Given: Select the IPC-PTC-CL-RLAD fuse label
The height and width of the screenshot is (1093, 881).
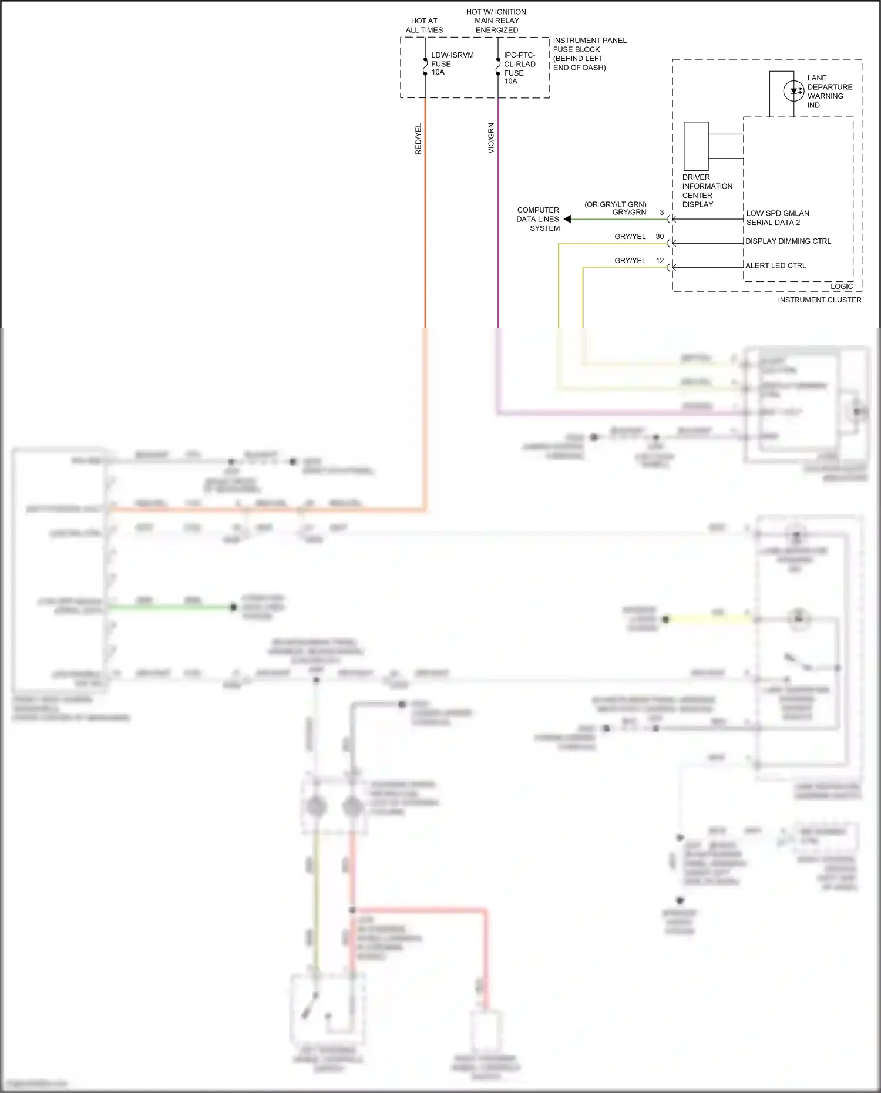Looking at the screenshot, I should (x=519, y=68).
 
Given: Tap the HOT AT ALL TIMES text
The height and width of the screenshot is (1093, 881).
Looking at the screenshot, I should (x=424, y=25).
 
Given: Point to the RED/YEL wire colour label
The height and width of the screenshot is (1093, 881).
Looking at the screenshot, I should (x=418, y=139).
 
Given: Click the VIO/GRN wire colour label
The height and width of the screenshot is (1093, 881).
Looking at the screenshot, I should (x=491, y=139).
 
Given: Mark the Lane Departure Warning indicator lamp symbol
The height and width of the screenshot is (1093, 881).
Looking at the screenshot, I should (x=793, y=91).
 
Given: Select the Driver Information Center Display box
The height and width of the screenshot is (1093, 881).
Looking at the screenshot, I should (x=696, y=146).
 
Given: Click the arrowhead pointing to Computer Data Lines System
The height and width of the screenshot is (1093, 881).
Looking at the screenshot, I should (x=567, y=219).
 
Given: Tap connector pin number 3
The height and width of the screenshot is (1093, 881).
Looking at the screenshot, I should (x=661, y=213).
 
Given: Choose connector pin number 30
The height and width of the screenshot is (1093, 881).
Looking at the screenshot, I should (x=660, y=237).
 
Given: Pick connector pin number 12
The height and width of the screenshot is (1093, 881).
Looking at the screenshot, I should (x=660, y=261).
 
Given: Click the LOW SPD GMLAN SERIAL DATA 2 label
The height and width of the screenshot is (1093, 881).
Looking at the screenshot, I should (x=777, y=218).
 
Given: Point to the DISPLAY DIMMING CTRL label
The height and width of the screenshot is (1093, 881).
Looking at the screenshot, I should (x=788, y=241).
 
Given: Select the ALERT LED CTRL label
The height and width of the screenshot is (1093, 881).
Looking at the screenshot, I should (x=775, y=265).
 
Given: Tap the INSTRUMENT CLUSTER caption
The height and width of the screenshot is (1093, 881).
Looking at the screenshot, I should (x=819, y=300).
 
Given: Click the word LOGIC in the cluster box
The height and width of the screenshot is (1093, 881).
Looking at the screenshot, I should (x=841, y=287).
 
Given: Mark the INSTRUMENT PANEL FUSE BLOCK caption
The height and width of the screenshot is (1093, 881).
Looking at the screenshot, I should (x=589, y=54).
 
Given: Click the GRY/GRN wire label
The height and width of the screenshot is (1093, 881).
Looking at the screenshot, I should (x=629, y=213).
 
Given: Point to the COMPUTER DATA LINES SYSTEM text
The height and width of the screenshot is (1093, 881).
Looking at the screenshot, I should (x=538, y=219).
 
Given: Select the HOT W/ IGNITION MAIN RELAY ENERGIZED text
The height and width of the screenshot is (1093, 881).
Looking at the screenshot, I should (x=496, y=21).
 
